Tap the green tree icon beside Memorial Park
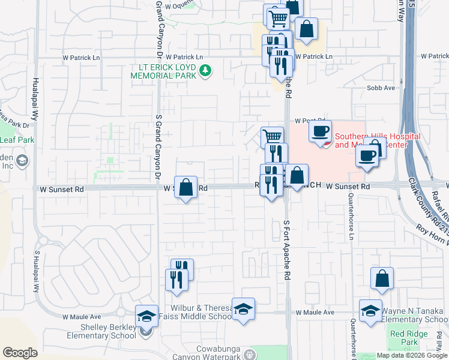[205, 71]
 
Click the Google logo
[20, 353]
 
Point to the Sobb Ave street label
[381, 88]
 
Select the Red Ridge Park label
[403, 338]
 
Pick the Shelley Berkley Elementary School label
[109, 331]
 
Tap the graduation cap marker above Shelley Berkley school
[146, 316]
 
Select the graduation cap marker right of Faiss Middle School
[243, 309]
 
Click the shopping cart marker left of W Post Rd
[272, 137]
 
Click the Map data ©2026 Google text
[412, 355]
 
